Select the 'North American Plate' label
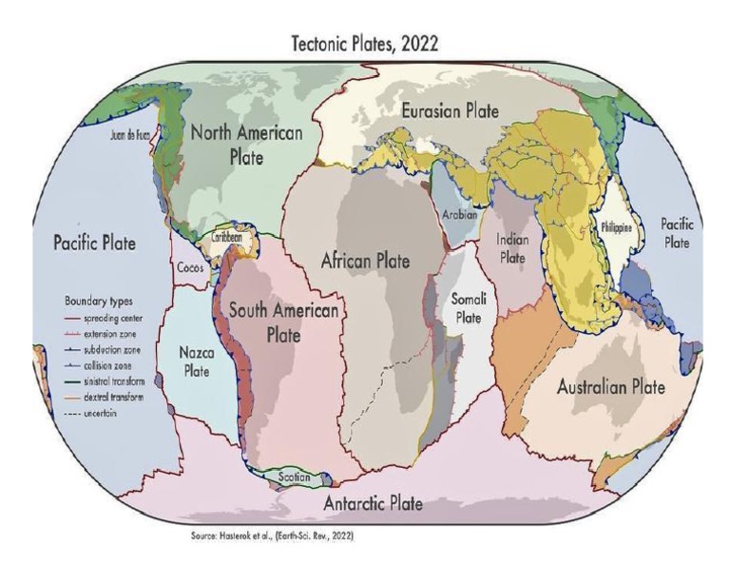coord(247,144)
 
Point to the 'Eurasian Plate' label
coord(451,111)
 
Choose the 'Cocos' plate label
coord(189,268)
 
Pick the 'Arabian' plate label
coord(459,215)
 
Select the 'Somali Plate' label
coord(467,309)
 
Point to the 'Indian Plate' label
coord(512,248)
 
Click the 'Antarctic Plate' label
coord(373,503)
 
